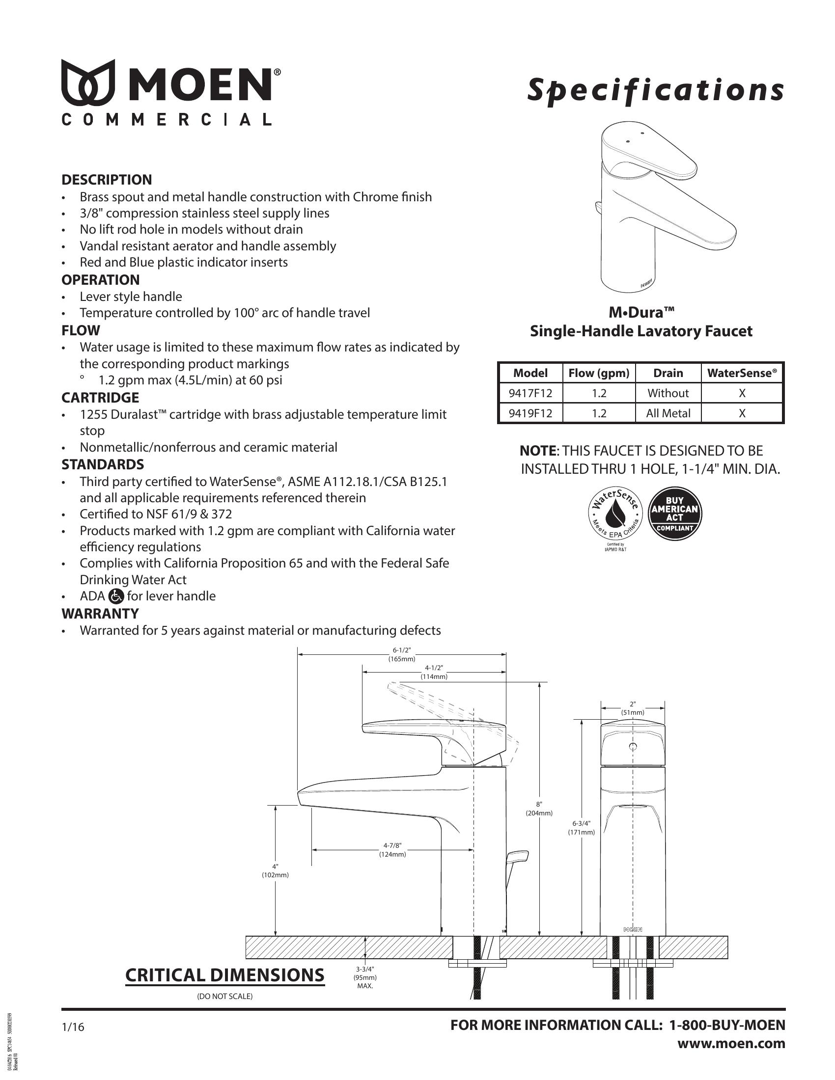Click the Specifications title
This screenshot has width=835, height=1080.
click(655, 90)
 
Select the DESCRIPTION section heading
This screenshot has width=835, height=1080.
click(107, 180)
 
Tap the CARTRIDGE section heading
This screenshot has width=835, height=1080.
click(100, 398)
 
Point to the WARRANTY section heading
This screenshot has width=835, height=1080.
click(100, 614)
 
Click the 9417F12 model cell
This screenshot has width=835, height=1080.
click(530, 393)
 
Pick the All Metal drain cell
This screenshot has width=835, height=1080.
click(668, 413)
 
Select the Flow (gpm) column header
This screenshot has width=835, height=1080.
click(599, 374)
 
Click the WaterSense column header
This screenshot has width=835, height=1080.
click(742, 374)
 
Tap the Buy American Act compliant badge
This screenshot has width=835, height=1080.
click(675, 513)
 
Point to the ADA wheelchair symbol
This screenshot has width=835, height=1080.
click(116, 596)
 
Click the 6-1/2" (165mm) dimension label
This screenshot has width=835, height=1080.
click(402, 654)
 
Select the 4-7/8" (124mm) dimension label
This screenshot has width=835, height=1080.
click(392, 850)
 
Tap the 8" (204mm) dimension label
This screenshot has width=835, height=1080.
click(539, 809)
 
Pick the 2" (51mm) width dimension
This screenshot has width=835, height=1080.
click(633, 708)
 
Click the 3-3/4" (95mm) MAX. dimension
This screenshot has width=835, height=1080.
click(365, 977)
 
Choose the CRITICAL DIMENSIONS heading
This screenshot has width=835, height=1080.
click(224, 974)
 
